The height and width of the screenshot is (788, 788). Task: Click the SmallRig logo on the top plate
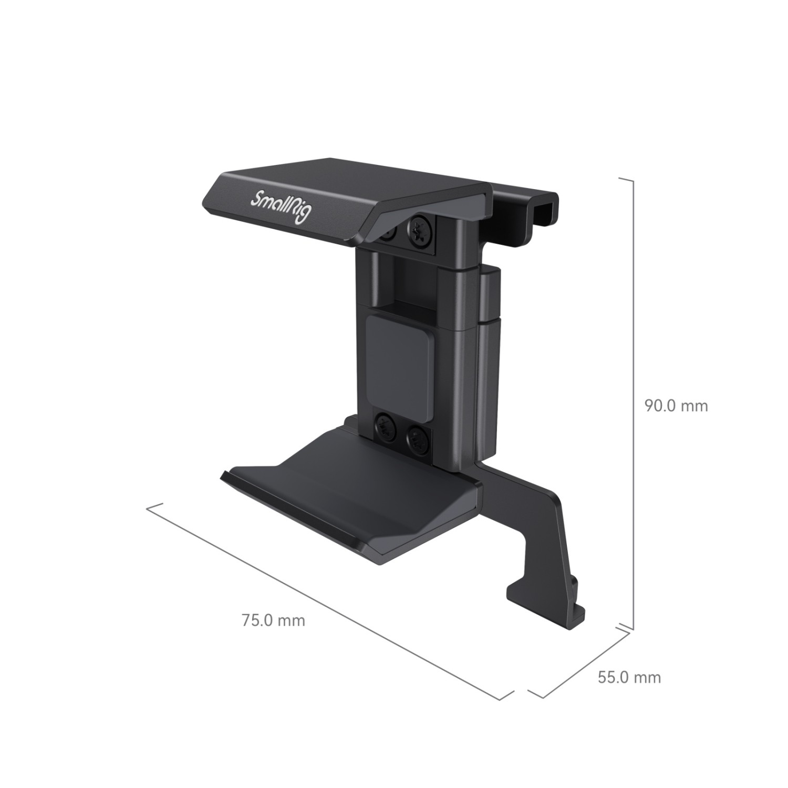click(282, 208)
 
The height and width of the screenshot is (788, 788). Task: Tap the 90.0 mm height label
click(677, 405)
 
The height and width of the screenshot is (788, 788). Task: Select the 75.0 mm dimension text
click(273, 620)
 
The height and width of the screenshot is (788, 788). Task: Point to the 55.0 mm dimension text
click(629, 677)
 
